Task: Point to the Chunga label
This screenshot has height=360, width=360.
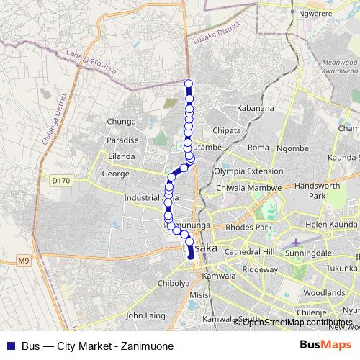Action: pyautogui.click(x=120, y=122)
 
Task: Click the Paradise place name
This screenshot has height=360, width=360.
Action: pyautogui.click(x=122, y=140)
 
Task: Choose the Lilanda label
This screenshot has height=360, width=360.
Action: pyautogui.click(x=121, y=156)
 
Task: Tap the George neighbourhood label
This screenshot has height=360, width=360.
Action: pyautogui.click(x=115, y=174)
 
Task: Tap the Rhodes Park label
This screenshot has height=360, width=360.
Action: pyautogui.click(x=248, y=228)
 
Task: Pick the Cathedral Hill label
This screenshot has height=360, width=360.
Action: pyautogui.click(x=250, y=252)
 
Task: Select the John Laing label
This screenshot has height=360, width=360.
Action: pyautogui.click(x=145, y=315)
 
